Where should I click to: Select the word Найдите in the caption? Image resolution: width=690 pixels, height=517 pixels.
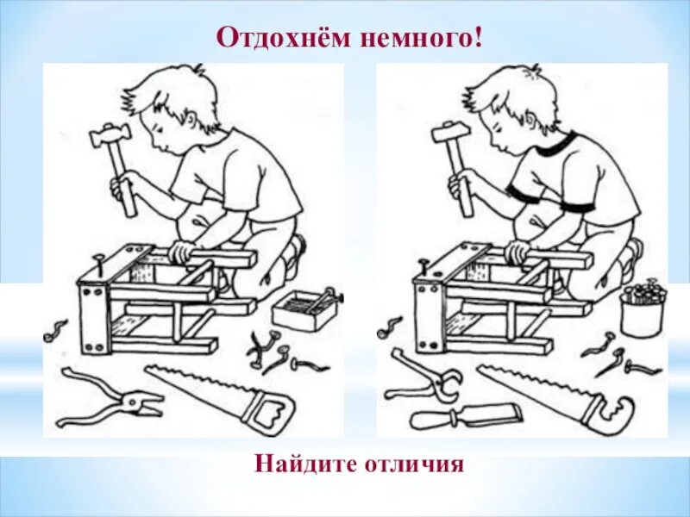click(303, 465)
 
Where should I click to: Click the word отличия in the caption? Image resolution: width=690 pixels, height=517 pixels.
click(417, 465)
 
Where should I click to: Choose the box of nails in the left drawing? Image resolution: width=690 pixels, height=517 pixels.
click(303, 308)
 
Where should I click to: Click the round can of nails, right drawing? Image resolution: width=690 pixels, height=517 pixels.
click(642, 310)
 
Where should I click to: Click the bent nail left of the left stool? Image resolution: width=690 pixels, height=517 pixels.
click(56, 330)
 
